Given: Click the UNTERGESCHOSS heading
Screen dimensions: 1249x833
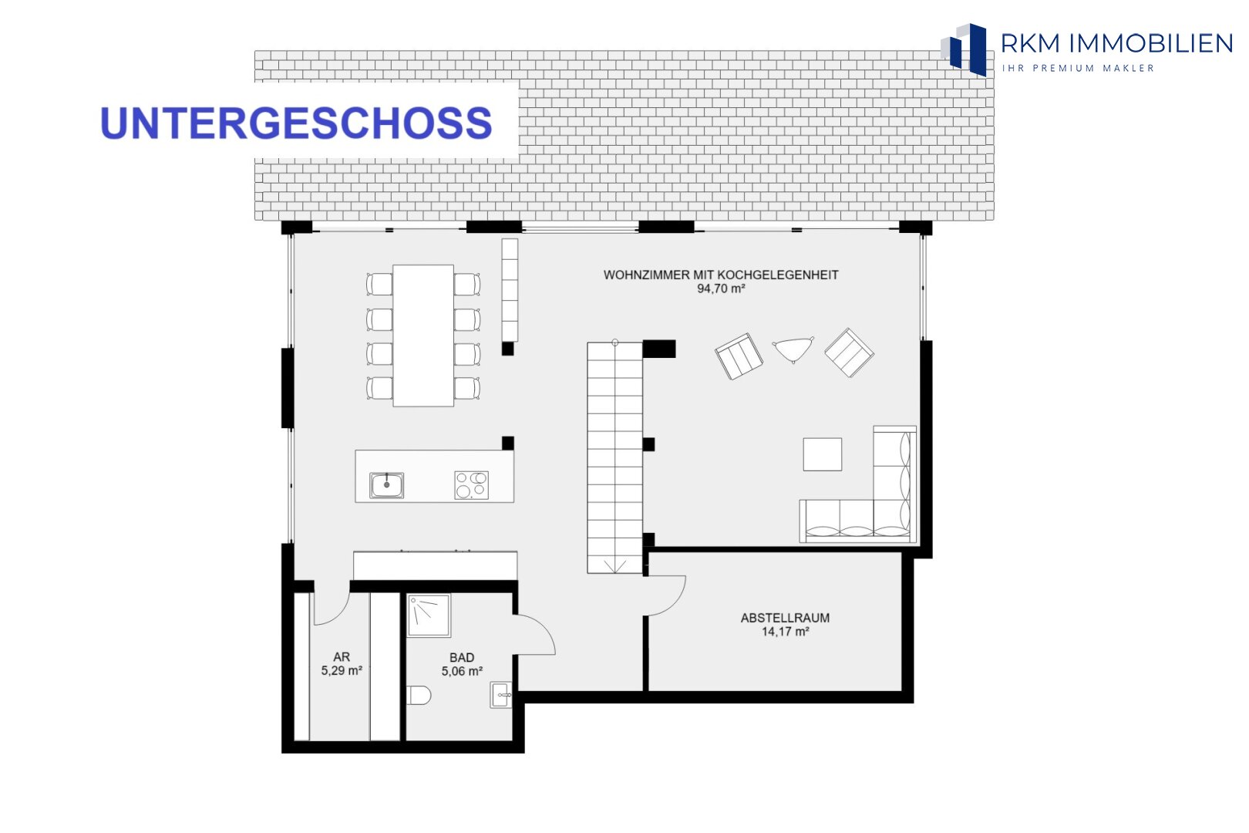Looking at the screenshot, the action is (296, 123).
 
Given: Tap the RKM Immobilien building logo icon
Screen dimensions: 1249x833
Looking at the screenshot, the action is (964, 49).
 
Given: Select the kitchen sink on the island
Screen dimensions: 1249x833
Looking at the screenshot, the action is (386, 485).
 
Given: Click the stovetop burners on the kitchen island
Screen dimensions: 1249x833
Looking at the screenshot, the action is (471, 485).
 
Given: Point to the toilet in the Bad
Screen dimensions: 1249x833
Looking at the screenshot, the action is (419, 695).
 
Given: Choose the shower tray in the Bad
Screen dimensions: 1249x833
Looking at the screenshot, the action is (429, 615).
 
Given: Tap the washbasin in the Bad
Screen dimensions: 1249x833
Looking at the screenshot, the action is (500, 695).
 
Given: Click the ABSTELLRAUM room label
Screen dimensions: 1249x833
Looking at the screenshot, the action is (785, 618).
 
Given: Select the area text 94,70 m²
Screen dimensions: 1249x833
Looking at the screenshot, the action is (721, 288).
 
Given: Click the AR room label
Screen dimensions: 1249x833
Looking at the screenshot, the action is (342, 656).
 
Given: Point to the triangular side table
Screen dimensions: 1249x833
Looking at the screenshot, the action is (793, 349).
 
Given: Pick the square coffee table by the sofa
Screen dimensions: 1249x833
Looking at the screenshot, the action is (823, 454).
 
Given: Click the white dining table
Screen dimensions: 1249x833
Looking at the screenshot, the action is (423, 336).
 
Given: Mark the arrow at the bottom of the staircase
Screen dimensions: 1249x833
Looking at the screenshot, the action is (614, 567).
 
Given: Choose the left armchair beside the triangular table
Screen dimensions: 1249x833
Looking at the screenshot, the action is (739, 356).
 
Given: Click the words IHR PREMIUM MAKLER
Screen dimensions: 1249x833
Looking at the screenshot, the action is (1078, 68).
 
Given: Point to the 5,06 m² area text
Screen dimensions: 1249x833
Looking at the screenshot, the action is (462, 671).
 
